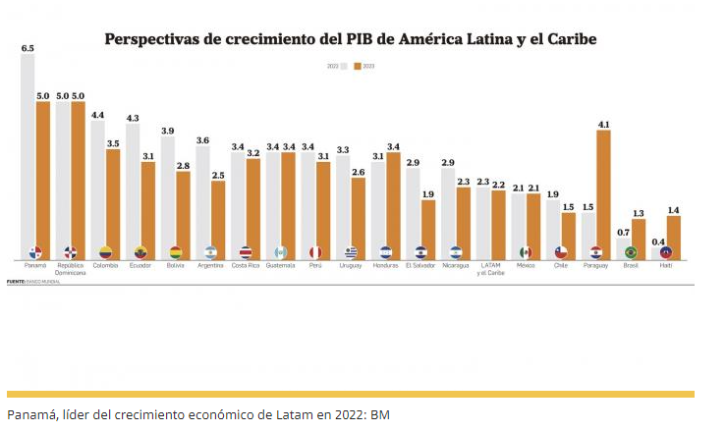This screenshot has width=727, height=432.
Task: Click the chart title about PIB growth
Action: click(351, 39)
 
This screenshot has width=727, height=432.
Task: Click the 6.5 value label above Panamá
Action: click(28, 48)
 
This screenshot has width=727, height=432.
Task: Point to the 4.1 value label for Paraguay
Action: click(603, 125)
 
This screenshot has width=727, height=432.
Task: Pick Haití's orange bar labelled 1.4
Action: click(673, 236)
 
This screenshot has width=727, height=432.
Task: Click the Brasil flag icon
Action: click(631, 252)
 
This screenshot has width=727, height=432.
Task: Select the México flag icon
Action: click(526, 252)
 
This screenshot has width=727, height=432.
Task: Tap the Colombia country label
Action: click(105, 266)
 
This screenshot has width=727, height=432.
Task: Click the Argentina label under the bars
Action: click(210, 266)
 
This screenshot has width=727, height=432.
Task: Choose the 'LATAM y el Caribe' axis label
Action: click(490, 269)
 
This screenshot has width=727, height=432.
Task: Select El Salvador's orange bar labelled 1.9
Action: click(428, 228)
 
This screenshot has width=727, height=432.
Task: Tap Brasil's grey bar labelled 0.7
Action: click(623, 247)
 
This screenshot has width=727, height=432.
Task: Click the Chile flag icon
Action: click(561, 252)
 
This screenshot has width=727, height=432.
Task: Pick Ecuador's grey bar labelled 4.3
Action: click(133, 187)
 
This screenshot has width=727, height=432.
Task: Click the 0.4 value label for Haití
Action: click(657, 243)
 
